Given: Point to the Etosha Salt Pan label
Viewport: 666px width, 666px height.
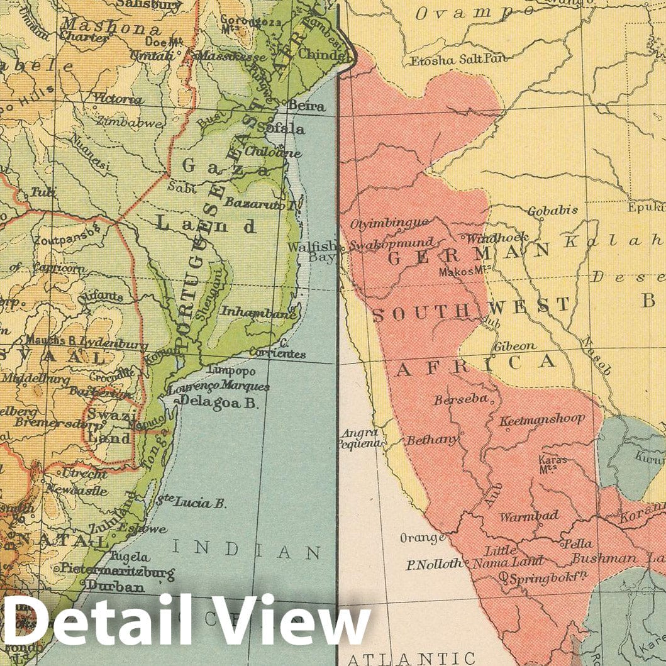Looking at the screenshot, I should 449,60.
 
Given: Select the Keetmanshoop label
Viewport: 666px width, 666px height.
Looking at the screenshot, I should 542,419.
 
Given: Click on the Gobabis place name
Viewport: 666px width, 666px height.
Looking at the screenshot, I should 552,211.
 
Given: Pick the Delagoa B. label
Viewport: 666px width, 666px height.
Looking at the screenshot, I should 219,403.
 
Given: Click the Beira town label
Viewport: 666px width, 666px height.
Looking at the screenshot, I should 306,106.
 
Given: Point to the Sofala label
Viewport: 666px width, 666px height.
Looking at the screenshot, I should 281,129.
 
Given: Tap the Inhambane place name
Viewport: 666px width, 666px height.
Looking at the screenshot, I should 258,311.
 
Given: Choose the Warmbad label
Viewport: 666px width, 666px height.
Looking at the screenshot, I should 529,516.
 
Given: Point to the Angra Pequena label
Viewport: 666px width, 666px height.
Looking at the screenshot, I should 358,438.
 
